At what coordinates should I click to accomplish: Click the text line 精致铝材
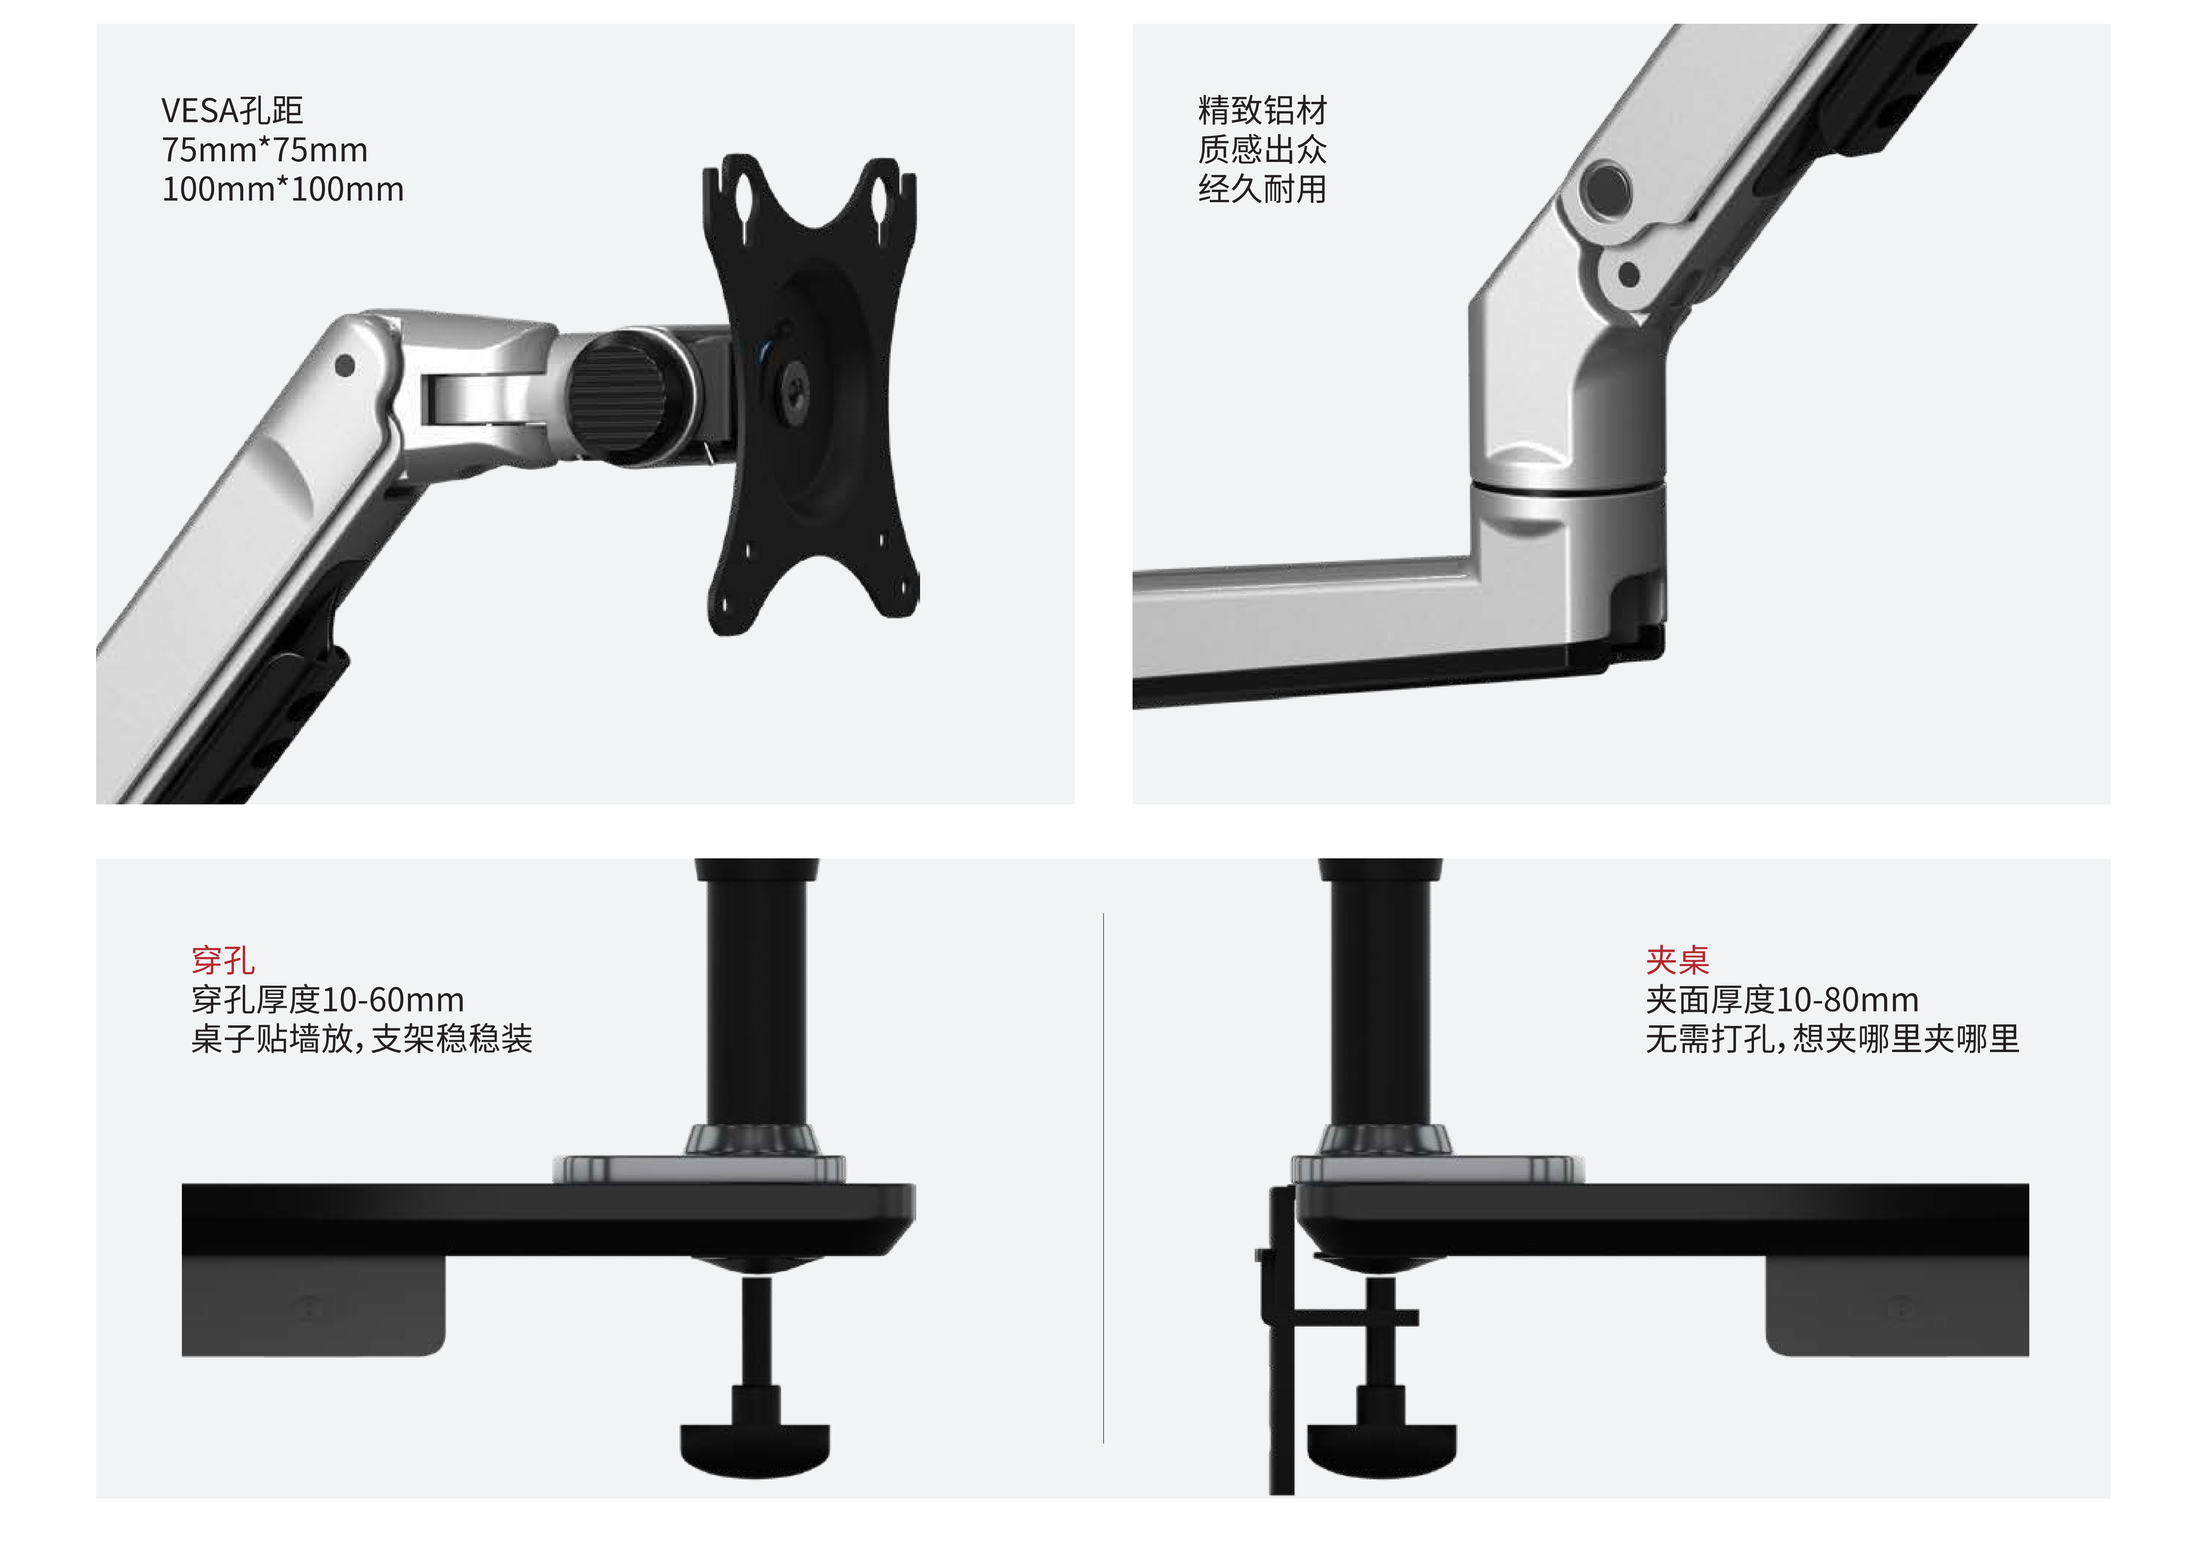point(1262,111)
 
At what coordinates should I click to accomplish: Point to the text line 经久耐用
point(1262,190)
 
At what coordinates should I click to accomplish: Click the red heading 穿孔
point(223,959)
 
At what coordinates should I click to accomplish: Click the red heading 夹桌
point(1677,959)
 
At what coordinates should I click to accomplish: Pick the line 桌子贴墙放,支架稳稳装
point(362,1039)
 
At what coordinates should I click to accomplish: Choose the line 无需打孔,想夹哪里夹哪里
point(1832,1039)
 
